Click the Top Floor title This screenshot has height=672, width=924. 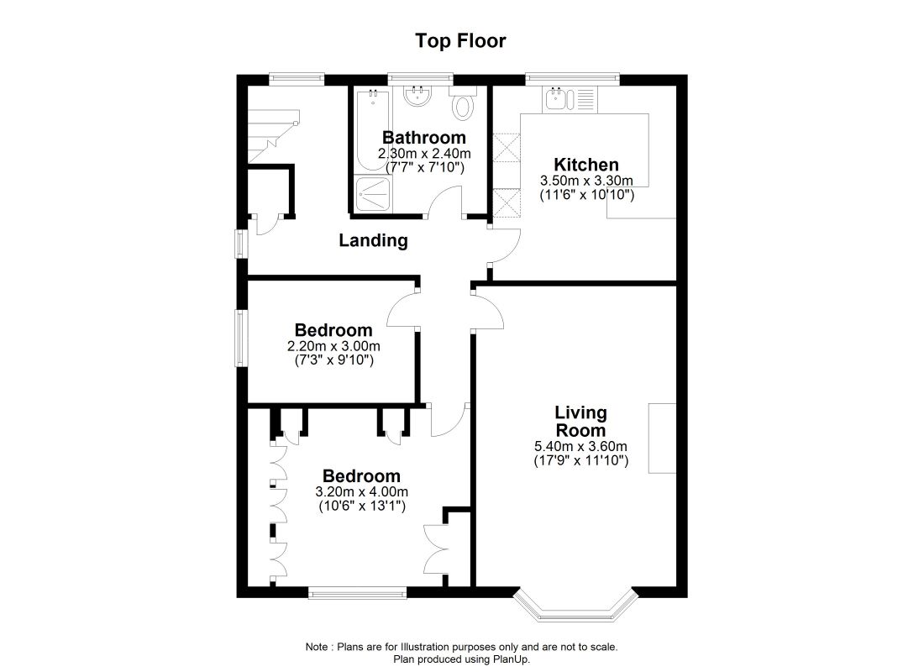click(461, 40)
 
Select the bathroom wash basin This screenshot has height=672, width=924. click(417, 97)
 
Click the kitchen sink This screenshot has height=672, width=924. click(557, 100)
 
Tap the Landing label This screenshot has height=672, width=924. click(373, 241)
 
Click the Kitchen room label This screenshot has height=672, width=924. click(586, 165)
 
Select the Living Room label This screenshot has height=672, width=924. click(580, 422)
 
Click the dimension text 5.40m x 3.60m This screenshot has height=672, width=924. click(580, 447)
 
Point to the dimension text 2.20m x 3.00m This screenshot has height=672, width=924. click(333, 346)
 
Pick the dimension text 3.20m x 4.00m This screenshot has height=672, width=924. click(362, 492)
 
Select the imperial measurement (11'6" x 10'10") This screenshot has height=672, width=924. click(586, 195)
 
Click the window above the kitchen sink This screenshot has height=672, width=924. click(573, 79)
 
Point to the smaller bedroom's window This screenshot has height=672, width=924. click(241, 338)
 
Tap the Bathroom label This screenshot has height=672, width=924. click(423, 138)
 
